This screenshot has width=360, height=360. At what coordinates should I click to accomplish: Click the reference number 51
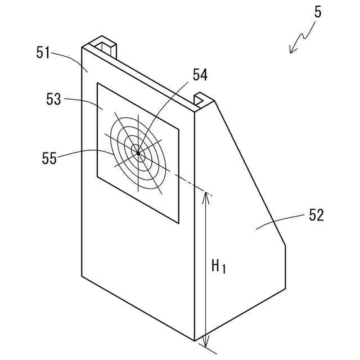click(43, 53)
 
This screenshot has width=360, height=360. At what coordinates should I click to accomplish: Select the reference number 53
click(53, 99)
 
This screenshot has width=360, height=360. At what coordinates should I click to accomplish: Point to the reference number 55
click(49, 158)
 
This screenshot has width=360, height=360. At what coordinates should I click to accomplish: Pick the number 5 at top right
click(318, 12)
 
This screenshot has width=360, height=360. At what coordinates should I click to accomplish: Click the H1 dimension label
click(218, 266)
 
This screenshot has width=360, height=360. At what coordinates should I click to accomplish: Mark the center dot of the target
click(138, 152)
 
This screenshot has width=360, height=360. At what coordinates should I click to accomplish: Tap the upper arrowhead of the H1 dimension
click(206, 196)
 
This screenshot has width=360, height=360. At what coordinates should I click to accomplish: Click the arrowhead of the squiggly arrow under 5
click(291, 51)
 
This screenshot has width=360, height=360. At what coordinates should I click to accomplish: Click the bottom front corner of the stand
click(195, 340)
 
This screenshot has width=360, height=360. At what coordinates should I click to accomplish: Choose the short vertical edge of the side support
click(285, 267)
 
